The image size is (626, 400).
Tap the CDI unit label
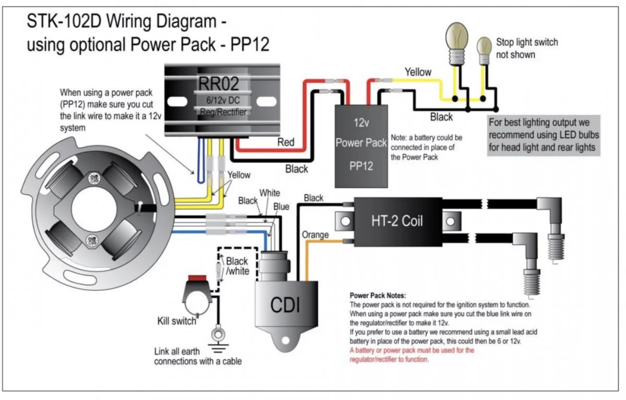pyautogui.click(x=285, y=305)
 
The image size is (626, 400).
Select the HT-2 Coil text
pyautogui.click(x=397, y=221)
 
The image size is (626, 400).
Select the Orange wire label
pyautogui.click(x=315, y=235)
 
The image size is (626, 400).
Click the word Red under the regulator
pyautogui.click(x=285, y=142)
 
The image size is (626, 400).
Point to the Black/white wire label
pyautogui.click(x=237, y=266)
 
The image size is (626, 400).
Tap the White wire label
pyautogui.click(x=269, y=193)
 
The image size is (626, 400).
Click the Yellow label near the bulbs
pyautogui.click(x=418, y=72)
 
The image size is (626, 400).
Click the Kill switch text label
pyautogui.click(x=177, y=321)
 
